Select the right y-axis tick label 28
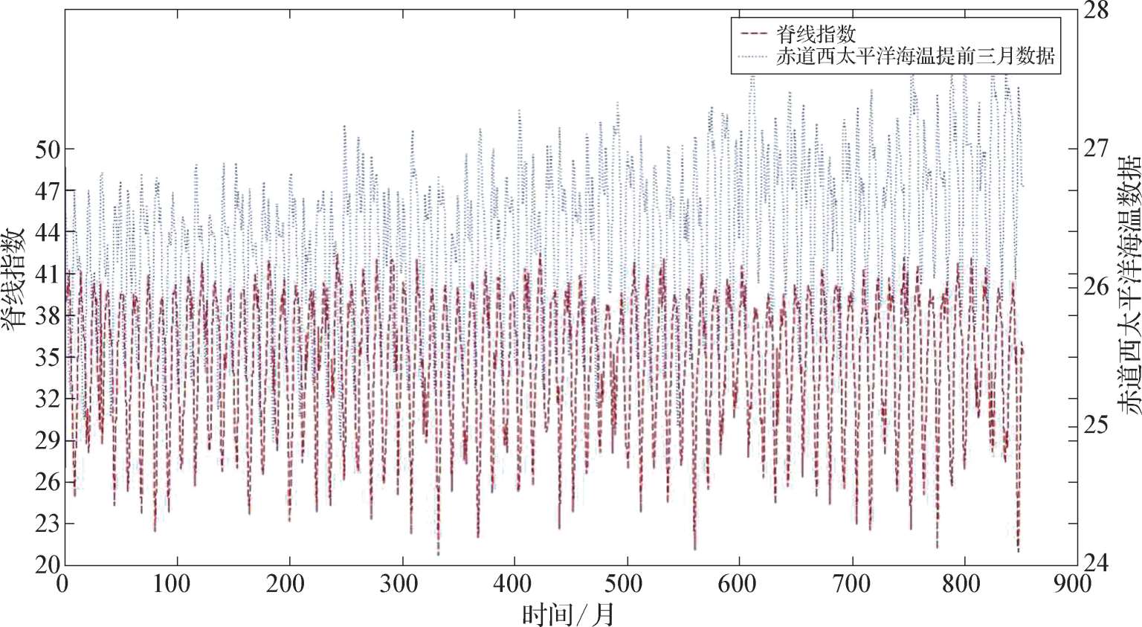[1095, 11]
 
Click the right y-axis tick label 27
[1095, 147]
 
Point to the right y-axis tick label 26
[1095, 286]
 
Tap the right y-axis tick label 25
[1095, 425]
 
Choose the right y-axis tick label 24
[1095, 562]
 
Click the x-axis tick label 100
[172, 585]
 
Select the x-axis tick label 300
[399, 585]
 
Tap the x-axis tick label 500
[625, 585]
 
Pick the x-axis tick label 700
[851, 585]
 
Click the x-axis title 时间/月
[569, 615]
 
